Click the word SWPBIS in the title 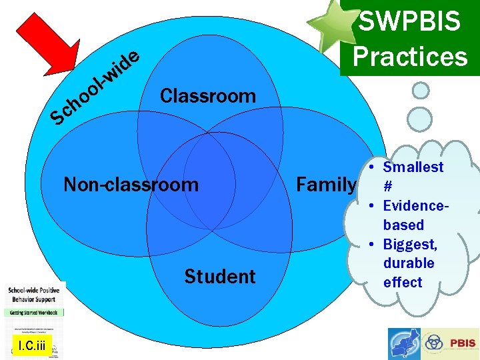[x=410, y=21]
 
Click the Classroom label [x=208, y=96]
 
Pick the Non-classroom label [x=131, y=184]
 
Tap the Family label [x=326, y=184]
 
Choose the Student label [x=220, y=276]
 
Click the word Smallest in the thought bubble [x=413, y=167]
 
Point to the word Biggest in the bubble [x=410, y=244]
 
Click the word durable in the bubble [x=409, y=263]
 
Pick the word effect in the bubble [x=403, y=282]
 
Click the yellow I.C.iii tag [x=31, y=345]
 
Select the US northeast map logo [x=405, y=344]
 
